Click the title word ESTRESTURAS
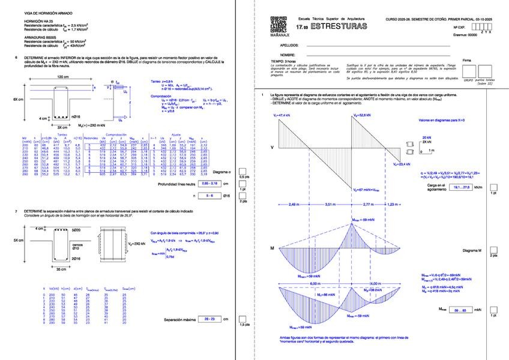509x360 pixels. (x=337, y=27)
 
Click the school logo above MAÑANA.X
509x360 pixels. (x=280, y=26)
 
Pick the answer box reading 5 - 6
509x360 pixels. (x=209, y=196)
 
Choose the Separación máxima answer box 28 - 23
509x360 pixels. (x=209, y=319)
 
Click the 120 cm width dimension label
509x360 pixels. (x=63, y=77)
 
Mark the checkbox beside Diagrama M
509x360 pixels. (x=493, y=249)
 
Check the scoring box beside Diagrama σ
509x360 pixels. (x=242, y=171)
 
